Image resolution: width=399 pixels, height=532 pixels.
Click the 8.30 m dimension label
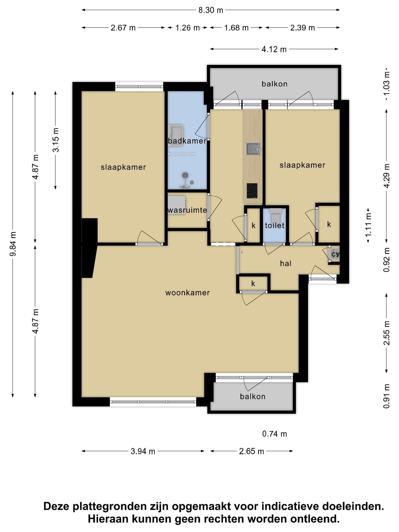[211, 10]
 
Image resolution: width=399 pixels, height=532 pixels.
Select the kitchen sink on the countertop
[253, 149]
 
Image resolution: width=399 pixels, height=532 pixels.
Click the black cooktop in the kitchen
[252, 191]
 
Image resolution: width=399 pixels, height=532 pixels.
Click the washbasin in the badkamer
[176, 135]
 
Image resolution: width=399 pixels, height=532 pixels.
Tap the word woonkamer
[188, 293]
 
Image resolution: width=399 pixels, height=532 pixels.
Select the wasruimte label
[187, 210]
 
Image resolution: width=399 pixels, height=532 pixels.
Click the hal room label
[285, 264]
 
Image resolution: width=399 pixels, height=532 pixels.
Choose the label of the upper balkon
[275, 84]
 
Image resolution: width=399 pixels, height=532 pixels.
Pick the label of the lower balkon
[253, 396]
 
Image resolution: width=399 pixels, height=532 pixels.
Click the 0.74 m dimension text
[275, 434]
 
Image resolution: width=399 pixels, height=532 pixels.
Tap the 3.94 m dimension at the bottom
[143, 451]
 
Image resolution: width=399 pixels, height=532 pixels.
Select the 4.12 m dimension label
[274, 49]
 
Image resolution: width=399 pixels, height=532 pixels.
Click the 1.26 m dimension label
[188, 28]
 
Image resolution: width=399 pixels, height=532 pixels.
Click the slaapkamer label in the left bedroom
[123, 167]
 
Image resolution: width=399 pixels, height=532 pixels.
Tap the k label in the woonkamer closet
[253, 284]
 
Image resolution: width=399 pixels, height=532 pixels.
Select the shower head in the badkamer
[185, 175]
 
